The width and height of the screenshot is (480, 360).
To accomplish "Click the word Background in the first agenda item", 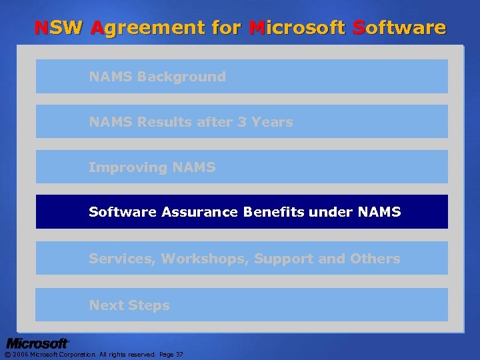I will coord(181,77).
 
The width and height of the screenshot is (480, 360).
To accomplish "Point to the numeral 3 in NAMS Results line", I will coord(242,122).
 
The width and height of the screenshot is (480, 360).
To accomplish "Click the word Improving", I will coord(127,167).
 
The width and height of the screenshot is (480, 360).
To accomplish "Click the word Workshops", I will coord(205,259).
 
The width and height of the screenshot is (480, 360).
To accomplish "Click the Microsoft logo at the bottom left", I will coord(38,343).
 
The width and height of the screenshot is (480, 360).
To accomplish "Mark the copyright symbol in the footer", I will coord(7,354).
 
